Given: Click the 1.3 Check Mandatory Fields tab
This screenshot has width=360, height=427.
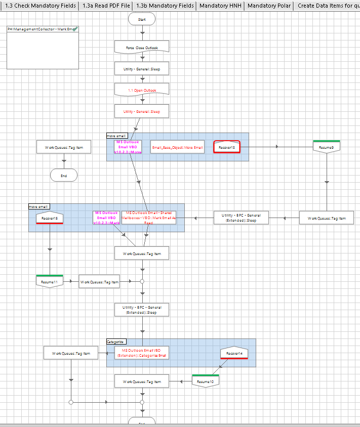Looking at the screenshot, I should (41, 6).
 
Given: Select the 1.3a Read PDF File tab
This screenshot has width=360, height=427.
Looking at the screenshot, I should (106, 6).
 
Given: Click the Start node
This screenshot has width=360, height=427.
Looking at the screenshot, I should (142, 19).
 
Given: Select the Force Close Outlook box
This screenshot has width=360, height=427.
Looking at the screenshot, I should (142, 48).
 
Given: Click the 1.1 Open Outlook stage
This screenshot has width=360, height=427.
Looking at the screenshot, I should (142, 90).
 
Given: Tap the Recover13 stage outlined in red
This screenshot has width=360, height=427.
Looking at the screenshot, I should (226, 147).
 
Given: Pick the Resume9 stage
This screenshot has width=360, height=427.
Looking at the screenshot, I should (326, 147).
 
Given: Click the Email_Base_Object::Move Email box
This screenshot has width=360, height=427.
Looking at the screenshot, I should (177, 147).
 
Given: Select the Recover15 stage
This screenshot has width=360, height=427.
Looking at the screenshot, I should (50, 218).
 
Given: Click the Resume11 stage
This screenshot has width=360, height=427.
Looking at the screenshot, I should (50, 281).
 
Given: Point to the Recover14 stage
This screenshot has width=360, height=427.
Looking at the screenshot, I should (234, 353).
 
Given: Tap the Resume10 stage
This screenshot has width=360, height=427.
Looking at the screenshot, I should (205, 381).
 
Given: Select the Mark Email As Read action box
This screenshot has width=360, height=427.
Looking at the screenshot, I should (149, 218).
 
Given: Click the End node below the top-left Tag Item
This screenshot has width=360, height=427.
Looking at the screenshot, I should (64, 175).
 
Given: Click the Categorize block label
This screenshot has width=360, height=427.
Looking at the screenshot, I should (116, 342).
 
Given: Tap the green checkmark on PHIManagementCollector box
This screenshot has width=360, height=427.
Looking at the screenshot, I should (75, 29).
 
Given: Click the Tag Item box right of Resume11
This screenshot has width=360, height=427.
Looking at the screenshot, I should (99, 282).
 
